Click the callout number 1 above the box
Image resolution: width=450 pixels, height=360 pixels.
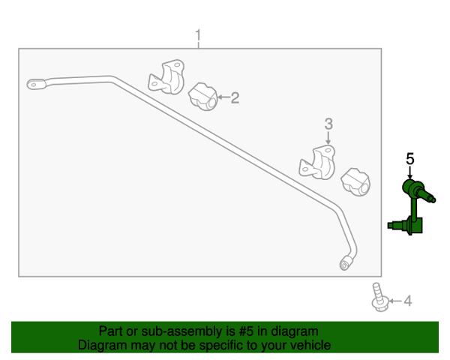tap(198, 36)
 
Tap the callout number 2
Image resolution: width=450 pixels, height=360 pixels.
tap(235, 98)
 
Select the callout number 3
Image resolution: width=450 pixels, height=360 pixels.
tap(328, 124)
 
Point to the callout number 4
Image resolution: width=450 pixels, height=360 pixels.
tap(408, 301)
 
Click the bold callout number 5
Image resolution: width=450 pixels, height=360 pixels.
tap(410, 159)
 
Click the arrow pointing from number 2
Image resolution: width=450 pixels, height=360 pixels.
tap(223, 97)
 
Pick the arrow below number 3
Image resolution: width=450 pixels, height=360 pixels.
tap(328, 137)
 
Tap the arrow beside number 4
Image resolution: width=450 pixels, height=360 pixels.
tap(395, 301)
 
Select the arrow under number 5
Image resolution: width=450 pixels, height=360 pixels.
tap(410, 173)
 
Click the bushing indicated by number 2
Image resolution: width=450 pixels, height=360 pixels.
tap(203, 97)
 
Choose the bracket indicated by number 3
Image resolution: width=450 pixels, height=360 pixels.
tap(317, 162)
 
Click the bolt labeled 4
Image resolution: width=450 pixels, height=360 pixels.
tap(379, 297)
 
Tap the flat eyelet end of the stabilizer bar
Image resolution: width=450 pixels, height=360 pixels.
tap(36, 85)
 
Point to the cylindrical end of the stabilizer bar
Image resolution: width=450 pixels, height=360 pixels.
tap(346, 262)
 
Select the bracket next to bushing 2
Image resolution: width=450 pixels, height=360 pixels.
tap(166, 76)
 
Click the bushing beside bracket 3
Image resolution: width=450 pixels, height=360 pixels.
tap(355, 182)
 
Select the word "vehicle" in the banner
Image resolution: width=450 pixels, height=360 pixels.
tap(313, 345)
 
